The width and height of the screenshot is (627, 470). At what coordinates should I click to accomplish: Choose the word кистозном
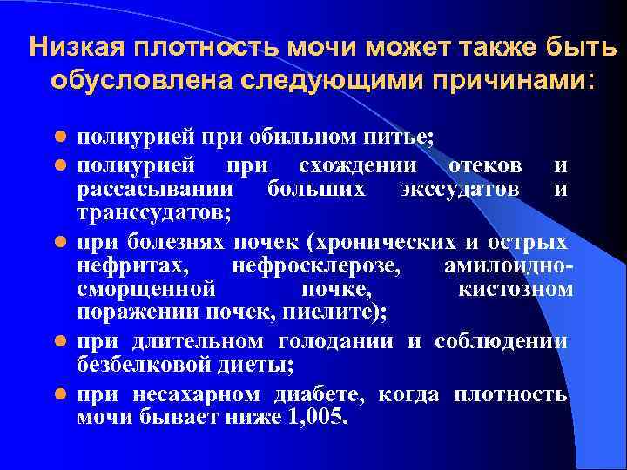pos(515,288)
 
